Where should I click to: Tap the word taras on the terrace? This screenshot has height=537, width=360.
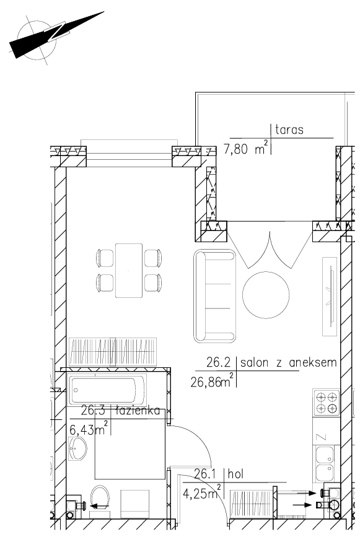tap(289, 130)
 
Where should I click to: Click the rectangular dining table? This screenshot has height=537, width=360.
tap(129, 271)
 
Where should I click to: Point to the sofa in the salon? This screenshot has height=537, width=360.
tap(215, 296)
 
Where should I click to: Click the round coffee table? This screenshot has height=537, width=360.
tap(266, 295)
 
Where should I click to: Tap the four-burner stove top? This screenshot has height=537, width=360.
tap(326, 403)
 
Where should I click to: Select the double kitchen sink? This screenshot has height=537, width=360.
tap(325, 464)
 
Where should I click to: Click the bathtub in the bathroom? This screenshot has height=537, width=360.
tap(107, 390)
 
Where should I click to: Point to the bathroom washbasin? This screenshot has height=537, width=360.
tap(77, 448)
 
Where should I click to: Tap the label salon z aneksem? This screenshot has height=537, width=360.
tap(288, 362)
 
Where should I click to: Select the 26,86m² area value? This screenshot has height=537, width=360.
tap(213, 380)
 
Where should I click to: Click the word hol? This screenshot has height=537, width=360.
tap(235, 474)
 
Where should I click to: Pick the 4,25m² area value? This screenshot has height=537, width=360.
tap(202, 492)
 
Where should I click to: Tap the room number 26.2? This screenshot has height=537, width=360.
tap(219, 362)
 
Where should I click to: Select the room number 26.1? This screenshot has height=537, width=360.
tap(206, 474)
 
